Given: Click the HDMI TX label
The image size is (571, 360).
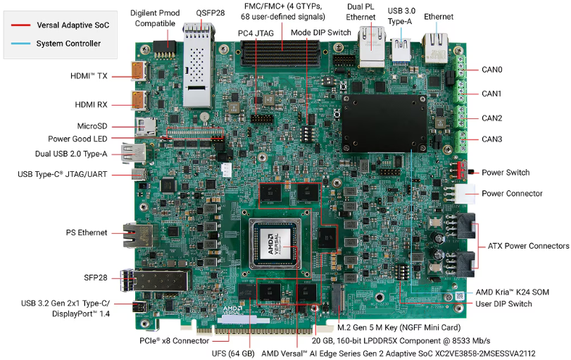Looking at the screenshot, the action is click(89, 76).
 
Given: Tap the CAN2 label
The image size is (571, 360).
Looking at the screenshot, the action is click(491, 118).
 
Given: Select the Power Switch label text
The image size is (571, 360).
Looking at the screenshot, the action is click(506, 173).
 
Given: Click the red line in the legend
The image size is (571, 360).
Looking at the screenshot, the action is click(20, 25).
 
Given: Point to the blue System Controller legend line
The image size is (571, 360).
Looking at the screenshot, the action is click(20, 44).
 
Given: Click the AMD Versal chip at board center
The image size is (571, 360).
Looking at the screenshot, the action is click(275, 244).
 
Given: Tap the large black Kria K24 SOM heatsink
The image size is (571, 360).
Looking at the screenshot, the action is click(384, 123).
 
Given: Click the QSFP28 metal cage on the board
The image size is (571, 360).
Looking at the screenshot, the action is click(198, 66).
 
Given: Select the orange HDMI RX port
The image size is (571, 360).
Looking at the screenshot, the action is click(139, 100).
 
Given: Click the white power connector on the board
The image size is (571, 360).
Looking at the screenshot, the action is click(464, 194).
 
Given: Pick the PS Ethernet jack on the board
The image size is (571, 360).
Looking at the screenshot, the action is click(138, 235).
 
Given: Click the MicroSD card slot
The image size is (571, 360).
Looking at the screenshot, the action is click(146, 127).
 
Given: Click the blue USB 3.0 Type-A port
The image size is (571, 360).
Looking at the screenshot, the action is click(401, 50).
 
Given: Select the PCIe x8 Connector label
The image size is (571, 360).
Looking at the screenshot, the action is click(175, 341).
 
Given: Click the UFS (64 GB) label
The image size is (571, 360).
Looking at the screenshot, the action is click(233, 354).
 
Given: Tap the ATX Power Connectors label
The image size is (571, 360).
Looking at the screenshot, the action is click(528, 246).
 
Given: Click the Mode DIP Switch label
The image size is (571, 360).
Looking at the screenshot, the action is click(321, 32).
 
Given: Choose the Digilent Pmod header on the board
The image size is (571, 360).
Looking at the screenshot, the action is click(165, 49).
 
